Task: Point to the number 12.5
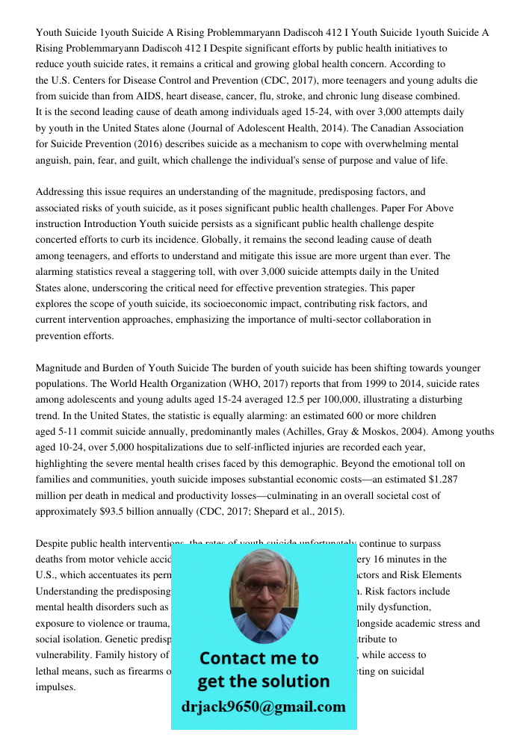click(338, 400)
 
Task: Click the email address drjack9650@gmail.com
click(264, 706)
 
